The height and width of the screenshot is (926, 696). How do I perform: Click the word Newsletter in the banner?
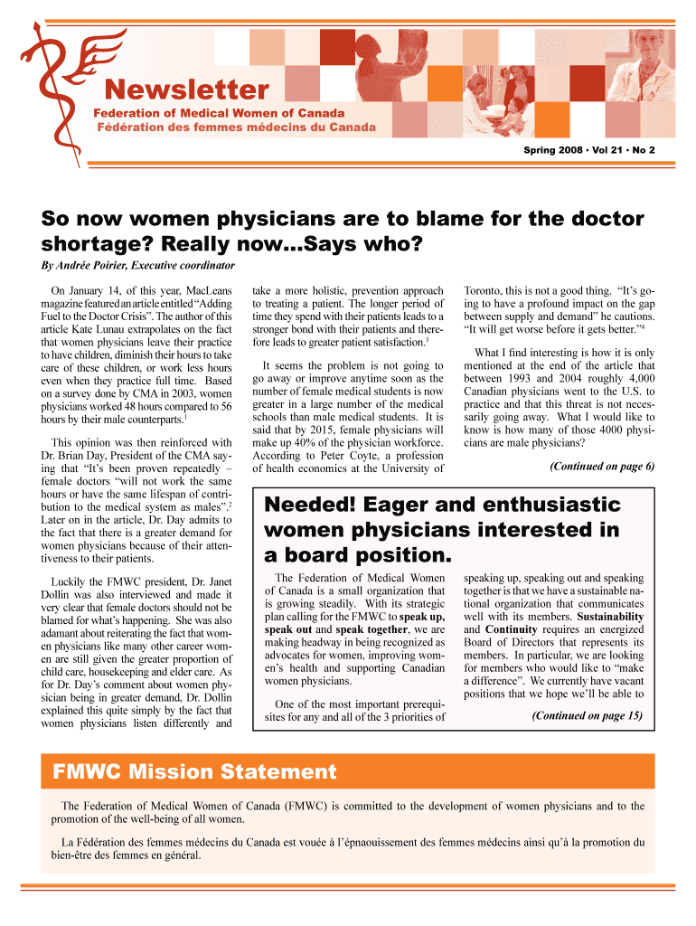[x=187, y=90]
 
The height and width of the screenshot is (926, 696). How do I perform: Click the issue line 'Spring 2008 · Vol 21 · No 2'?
[x=589, y=148]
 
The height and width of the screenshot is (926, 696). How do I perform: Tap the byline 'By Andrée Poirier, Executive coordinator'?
[x=138, y=265]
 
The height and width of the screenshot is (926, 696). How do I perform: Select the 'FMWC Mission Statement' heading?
[x=194, y=772]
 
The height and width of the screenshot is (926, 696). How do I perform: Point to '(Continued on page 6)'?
[x=601, y=467]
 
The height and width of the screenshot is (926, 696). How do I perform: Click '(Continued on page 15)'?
[x=587, y=715]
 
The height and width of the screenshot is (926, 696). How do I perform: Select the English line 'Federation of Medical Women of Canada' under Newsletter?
[x=220, y=113]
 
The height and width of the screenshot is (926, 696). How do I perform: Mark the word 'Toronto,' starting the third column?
[x=488, y=292]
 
